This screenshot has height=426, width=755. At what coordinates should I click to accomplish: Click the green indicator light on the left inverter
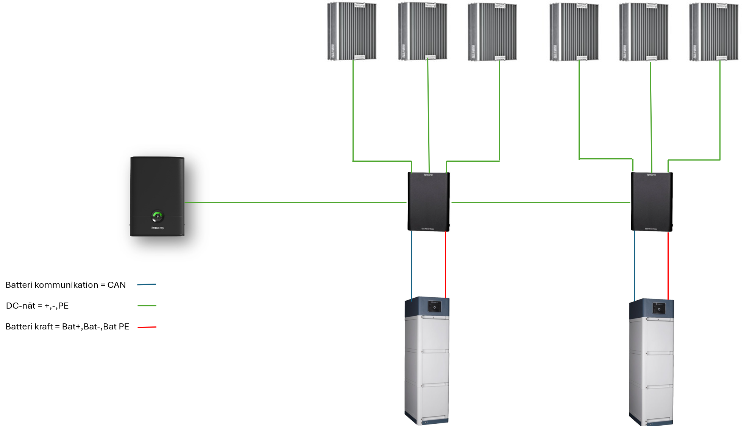click(158, 216)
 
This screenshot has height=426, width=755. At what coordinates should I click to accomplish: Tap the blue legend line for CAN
click(147, 284)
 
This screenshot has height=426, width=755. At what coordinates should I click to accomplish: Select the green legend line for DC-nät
click(147, 306)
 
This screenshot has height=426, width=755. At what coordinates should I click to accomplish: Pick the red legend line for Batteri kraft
click(147, 327)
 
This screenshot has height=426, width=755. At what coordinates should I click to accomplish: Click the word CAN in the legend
click(117, 285)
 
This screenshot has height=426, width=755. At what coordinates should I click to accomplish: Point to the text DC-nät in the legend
click(20, 306)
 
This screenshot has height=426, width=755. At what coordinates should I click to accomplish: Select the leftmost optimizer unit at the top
click(352, 31)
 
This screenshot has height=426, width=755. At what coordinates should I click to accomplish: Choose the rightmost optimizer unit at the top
click(714, 32)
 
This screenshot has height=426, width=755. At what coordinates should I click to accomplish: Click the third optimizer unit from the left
click(492, 32)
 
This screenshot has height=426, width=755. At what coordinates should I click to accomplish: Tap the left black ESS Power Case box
click(429, 201)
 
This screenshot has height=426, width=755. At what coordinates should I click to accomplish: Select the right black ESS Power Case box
click(652, 201)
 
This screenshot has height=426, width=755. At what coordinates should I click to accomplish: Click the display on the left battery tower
click(435, 307)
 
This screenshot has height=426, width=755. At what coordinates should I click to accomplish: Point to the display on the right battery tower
click(659, 309)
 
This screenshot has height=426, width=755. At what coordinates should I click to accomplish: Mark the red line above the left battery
click(446, 265)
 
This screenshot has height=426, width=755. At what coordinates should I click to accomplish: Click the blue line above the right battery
click(635, 265)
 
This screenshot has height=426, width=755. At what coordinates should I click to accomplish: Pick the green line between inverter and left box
click(295, 202)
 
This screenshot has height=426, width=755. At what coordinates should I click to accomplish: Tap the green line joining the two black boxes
click(541, 202)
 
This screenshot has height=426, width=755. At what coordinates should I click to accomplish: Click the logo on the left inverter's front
click(158, 228)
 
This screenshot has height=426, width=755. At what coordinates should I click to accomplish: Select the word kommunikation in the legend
click(66, 285)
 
